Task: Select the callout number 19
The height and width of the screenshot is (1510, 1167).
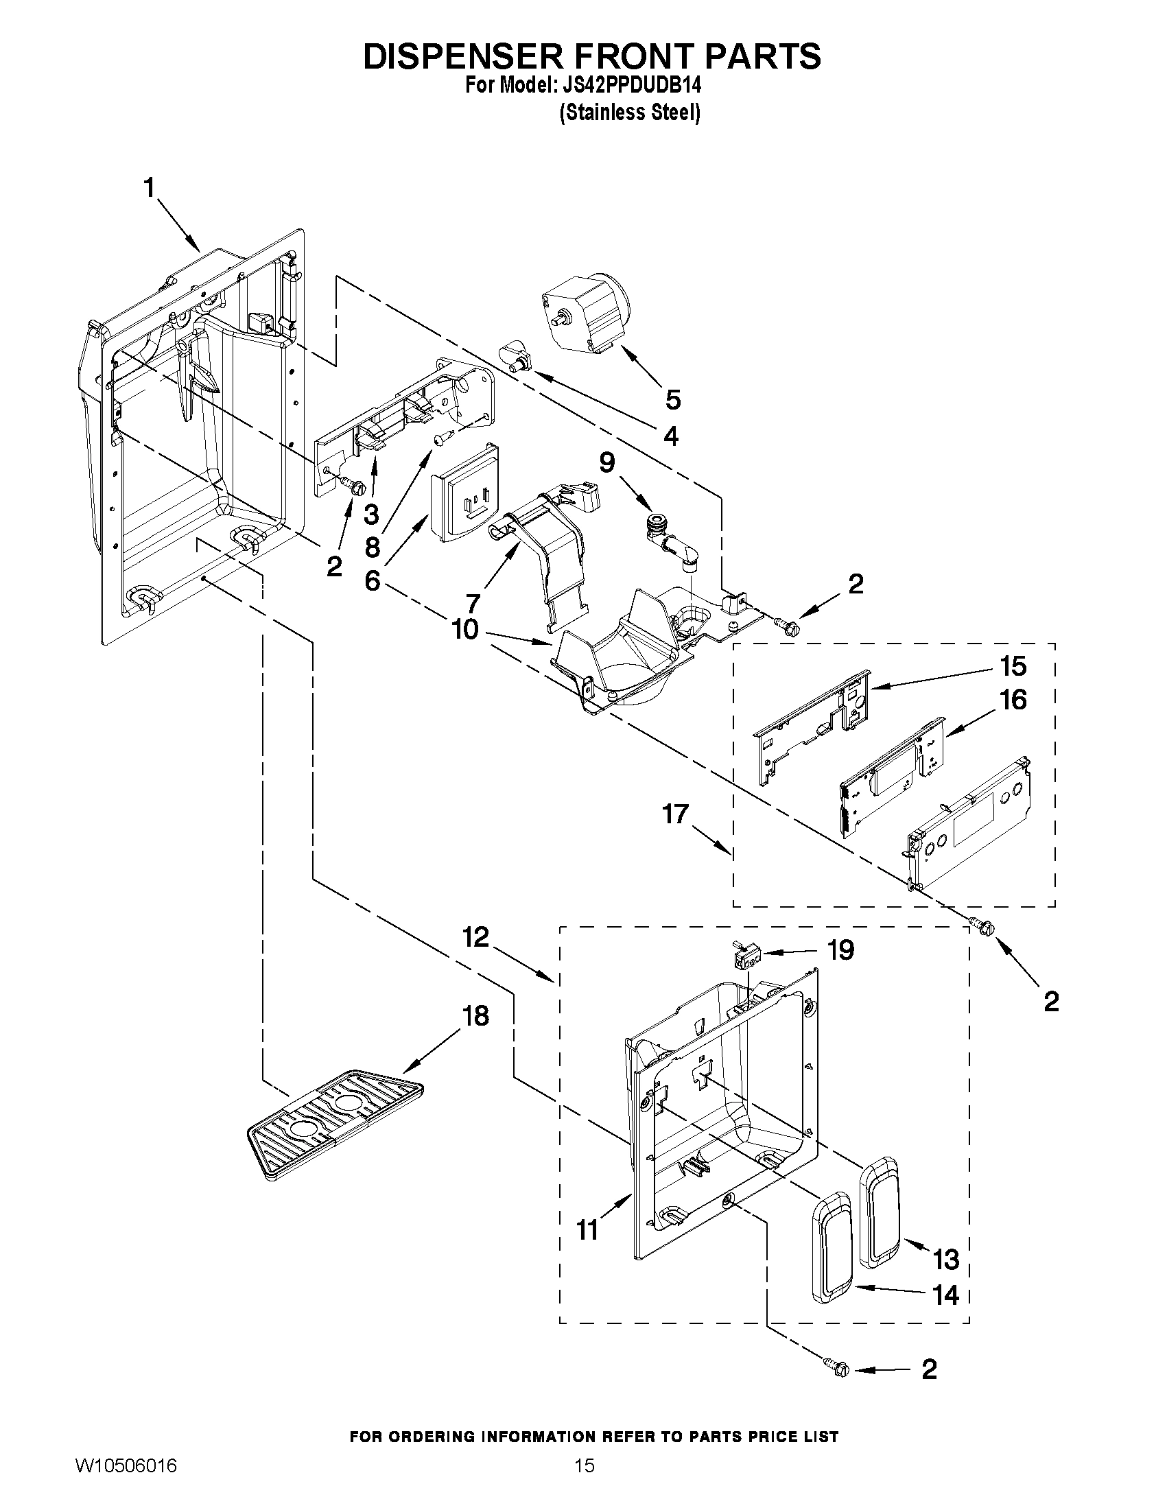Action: pos(840,949)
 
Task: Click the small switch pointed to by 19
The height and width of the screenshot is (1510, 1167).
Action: pos(746,958)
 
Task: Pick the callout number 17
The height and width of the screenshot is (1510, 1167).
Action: pos(676,814)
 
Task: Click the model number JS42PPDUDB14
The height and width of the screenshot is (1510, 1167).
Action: pos(632,86)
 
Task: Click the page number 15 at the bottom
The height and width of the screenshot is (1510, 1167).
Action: pos(585,1485)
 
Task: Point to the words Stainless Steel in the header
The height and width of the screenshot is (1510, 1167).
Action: pos(630,112)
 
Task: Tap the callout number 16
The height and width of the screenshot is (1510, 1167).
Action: pos(1012,700)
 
